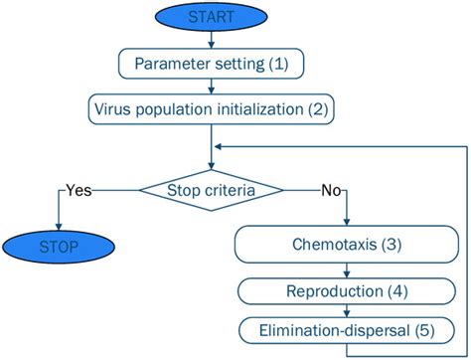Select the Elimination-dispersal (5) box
[346, 328]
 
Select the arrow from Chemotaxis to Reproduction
[346, 269]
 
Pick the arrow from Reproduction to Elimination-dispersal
[346, 308]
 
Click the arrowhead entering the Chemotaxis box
[346, 223]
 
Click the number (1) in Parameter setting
[279, 64]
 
